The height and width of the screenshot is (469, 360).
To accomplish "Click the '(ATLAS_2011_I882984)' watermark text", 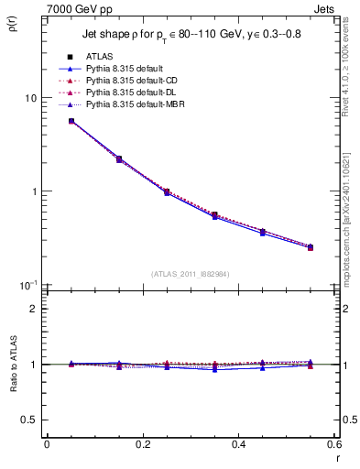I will (x=190, y=273).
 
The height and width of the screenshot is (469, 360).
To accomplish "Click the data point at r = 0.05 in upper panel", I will (x=71, y=121).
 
